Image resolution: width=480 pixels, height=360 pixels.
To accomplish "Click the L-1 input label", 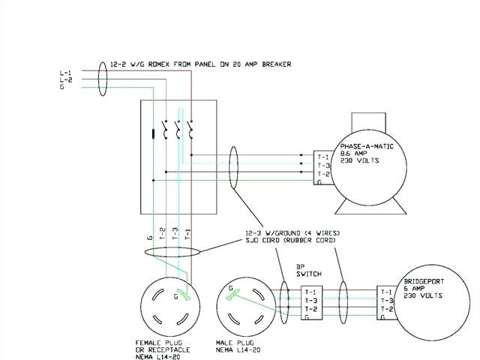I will (65, 72).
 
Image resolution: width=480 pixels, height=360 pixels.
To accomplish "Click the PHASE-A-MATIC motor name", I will (364, 145).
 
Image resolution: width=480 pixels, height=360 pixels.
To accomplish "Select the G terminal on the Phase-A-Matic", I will (320, 181).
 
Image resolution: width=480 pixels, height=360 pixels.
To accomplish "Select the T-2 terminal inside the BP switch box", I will (311, 309).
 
